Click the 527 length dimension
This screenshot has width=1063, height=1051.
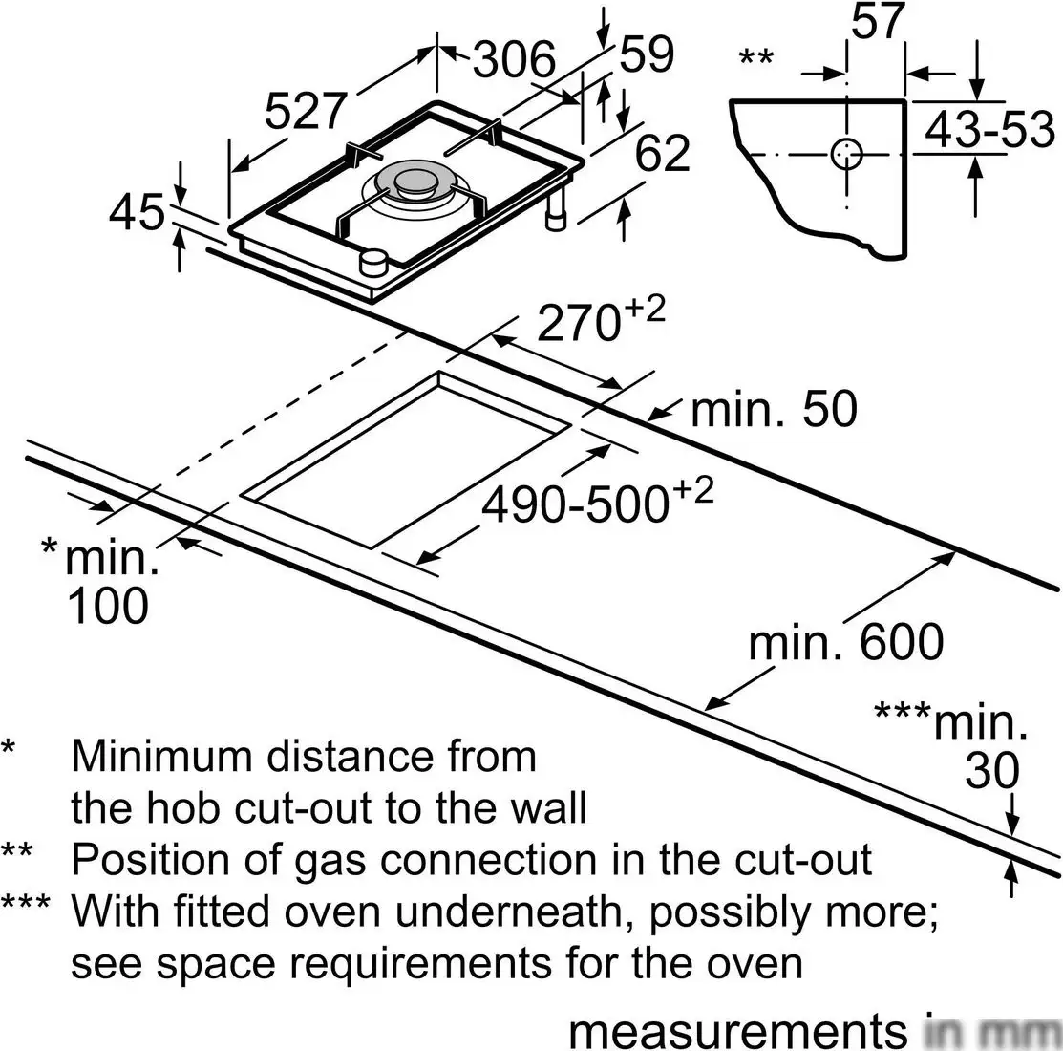[303, 111]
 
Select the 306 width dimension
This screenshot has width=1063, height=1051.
[515, 60]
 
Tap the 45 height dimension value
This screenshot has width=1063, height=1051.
[137, 212]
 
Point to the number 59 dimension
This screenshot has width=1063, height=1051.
[647, 54]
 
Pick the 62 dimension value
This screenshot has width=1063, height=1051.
[662, 154]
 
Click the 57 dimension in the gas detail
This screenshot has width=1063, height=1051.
[878, 21]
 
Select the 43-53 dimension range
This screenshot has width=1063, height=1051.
[990, 131]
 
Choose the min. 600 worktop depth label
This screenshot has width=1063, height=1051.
[845, 642]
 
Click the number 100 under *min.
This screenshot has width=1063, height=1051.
[108, 605]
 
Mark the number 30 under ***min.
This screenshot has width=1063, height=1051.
[992, 772]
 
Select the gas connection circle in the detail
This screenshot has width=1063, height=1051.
[846, 154]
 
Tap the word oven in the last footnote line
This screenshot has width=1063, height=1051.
[760, 963]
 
